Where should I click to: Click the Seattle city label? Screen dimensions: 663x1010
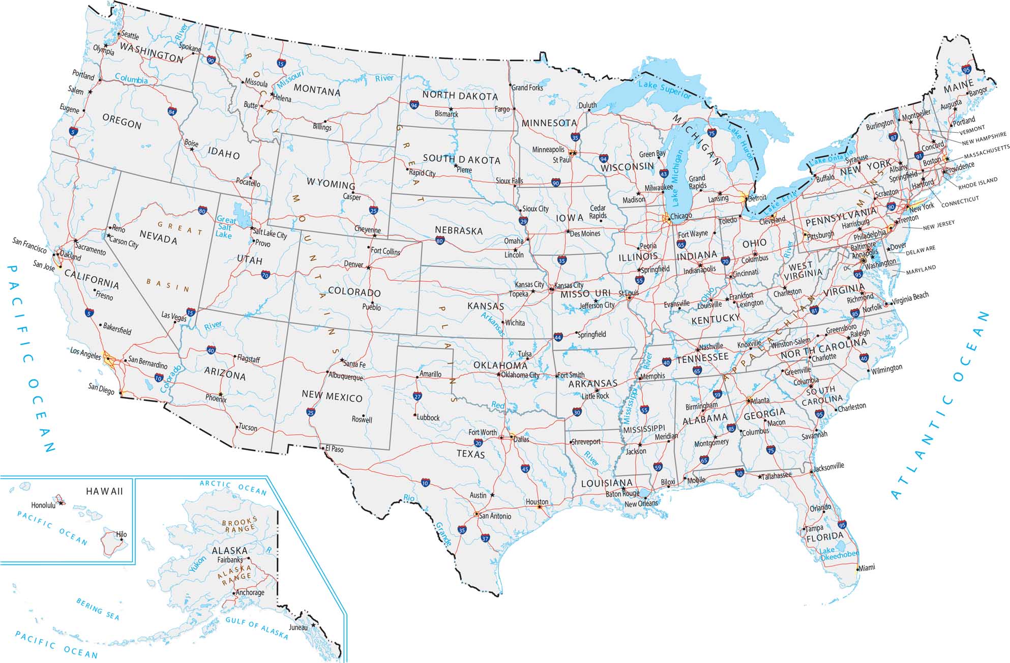click(x=130, y=36)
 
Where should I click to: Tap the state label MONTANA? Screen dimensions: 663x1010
click(x=317, y=91)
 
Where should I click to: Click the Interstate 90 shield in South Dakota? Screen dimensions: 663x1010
click(x=555, y=182)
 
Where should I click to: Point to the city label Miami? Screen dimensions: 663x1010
click(x=867, y=567)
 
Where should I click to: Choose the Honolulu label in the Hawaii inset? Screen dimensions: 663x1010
click(x=43, y=505)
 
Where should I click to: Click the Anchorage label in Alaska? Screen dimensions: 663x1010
click(x=250, y=592)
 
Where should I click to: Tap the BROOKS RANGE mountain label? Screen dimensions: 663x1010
click(x=240, y=526)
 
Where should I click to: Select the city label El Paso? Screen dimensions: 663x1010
click(x=334, y=449)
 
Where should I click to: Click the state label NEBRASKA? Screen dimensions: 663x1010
click(x=458, y=230)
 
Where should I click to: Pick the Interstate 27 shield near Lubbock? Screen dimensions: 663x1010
click(x=418, y=396)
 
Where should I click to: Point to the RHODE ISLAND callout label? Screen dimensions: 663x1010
click(x=977, y=183)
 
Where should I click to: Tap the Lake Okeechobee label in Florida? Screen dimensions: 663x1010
click(x=839, y=554)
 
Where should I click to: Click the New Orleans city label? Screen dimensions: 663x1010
click(x=641, y=504)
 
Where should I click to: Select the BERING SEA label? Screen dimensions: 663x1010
click(x=98, y=609)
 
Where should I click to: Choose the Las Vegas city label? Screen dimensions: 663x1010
click(x=173, y=316)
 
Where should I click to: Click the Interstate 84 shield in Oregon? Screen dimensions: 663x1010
click(x=172, y=111)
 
